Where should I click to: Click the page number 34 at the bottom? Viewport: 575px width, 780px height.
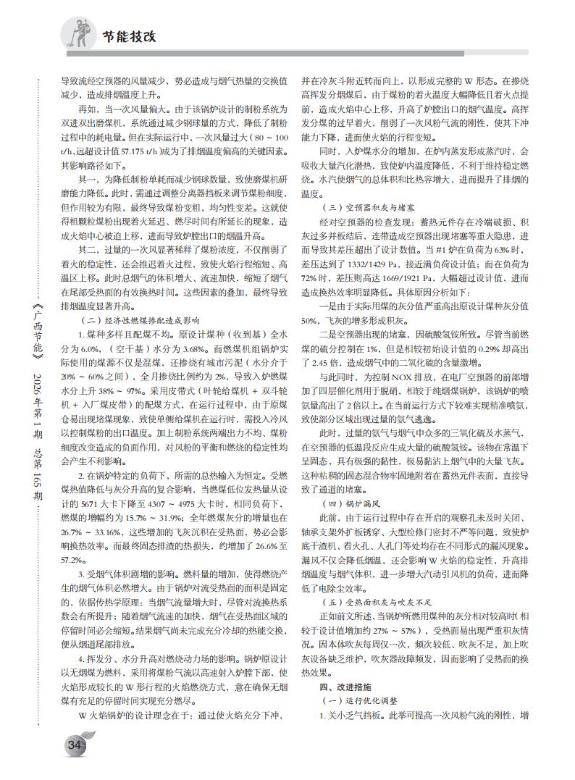click(x=74, y=745)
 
